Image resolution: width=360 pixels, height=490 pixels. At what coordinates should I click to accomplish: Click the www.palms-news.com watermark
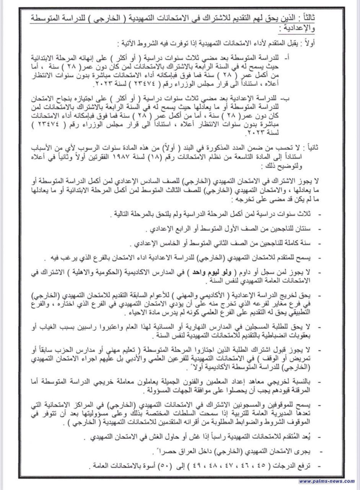(x=326, y=481)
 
